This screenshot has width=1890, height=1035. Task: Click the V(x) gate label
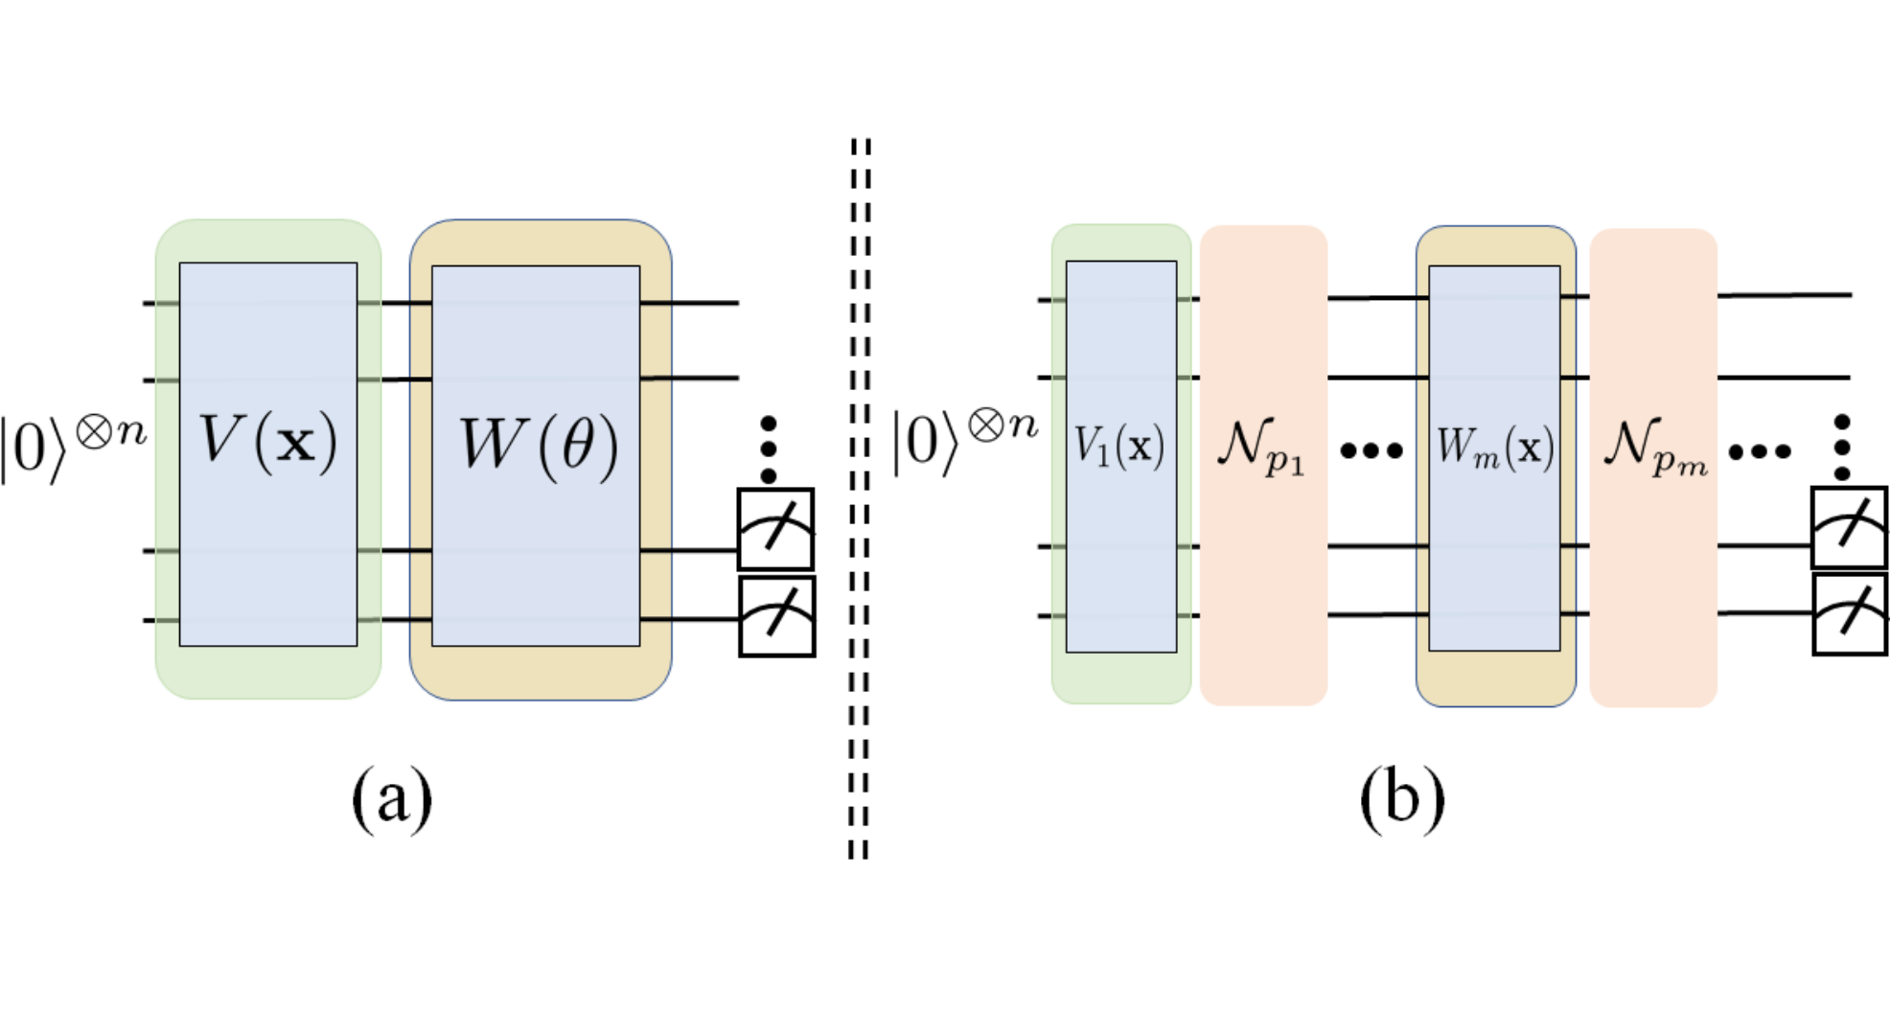[x=268, y=442]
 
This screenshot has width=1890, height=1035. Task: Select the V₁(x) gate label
[x=1119, y=446]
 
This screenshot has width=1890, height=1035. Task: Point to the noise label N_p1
[x=1261, y=446]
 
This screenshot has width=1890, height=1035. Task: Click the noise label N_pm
[x=1655, y=447]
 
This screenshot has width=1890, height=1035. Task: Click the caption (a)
[x=392, y=799]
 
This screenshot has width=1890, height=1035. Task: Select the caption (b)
[x=1402, y=799]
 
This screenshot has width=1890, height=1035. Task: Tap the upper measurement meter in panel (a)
[x=776, y=530]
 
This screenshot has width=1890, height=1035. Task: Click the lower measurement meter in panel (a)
[x=776, y=616]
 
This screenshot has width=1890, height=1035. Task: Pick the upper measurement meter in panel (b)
[x=1850, y=528]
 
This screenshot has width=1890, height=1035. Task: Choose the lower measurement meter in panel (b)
[x=1850, y=614]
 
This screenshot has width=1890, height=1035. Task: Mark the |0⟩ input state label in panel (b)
[x=965, y=441]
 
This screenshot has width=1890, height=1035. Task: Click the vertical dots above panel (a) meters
[x=768, y=448]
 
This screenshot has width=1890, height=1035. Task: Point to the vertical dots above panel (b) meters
[x=1841, y=447]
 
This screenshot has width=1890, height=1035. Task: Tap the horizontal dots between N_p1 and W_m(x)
[x=1371, y=448]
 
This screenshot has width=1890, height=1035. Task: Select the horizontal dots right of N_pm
[x=1760, y=449]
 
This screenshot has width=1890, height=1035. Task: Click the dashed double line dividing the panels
[x=860, y=498]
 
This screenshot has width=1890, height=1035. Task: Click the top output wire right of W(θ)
[x=689, y=303]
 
